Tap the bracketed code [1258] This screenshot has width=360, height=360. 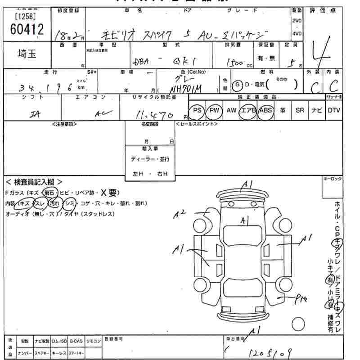coord(27,17)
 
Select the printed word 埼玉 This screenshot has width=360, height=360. coord(28,54)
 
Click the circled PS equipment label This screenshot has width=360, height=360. coord(197,110)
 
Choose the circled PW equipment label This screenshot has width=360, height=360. coord(214,110)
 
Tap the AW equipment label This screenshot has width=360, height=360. coord(231,110)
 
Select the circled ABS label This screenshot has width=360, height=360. coord(265,110)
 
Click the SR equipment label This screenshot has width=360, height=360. coord(300,110)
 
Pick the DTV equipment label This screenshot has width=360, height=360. coord(334,110)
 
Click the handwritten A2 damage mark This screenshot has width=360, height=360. coord(180,215)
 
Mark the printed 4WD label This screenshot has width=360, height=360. coord(297,34)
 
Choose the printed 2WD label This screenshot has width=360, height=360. coord(297,21)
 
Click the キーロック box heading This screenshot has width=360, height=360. coord(333,179)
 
